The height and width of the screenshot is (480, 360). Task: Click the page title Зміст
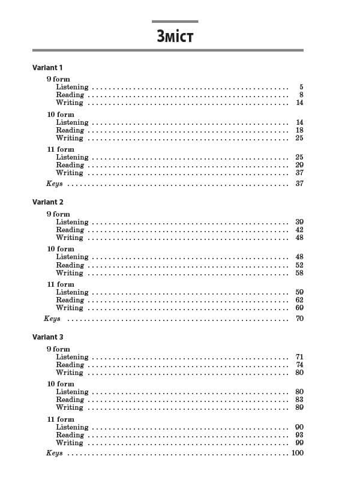175,37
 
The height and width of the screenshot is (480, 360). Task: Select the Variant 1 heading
47,68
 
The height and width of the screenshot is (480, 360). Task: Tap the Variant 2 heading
47,202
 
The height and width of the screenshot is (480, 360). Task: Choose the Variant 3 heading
47,337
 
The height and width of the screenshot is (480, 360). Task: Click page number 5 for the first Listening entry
301,87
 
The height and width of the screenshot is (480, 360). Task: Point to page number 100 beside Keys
298,453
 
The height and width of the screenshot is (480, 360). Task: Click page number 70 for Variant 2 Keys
299,318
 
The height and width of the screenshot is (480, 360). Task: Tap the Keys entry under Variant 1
55,184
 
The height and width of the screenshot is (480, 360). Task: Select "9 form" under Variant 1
58,79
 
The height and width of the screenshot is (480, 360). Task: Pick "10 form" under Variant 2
61,249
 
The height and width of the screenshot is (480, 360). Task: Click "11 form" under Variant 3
61,419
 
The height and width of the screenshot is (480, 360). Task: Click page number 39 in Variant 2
299,222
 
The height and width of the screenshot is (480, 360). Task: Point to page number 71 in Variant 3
299,357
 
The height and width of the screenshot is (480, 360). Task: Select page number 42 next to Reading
299,230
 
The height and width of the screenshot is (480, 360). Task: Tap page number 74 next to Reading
299,365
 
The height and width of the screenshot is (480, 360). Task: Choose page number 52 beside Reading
299,265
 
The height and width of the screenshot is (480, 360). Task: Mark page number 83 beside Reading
299,400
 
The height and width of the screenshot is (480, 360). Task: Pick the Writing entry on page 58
70,273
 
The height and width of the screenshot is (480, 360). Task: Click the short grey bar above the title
175,22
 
